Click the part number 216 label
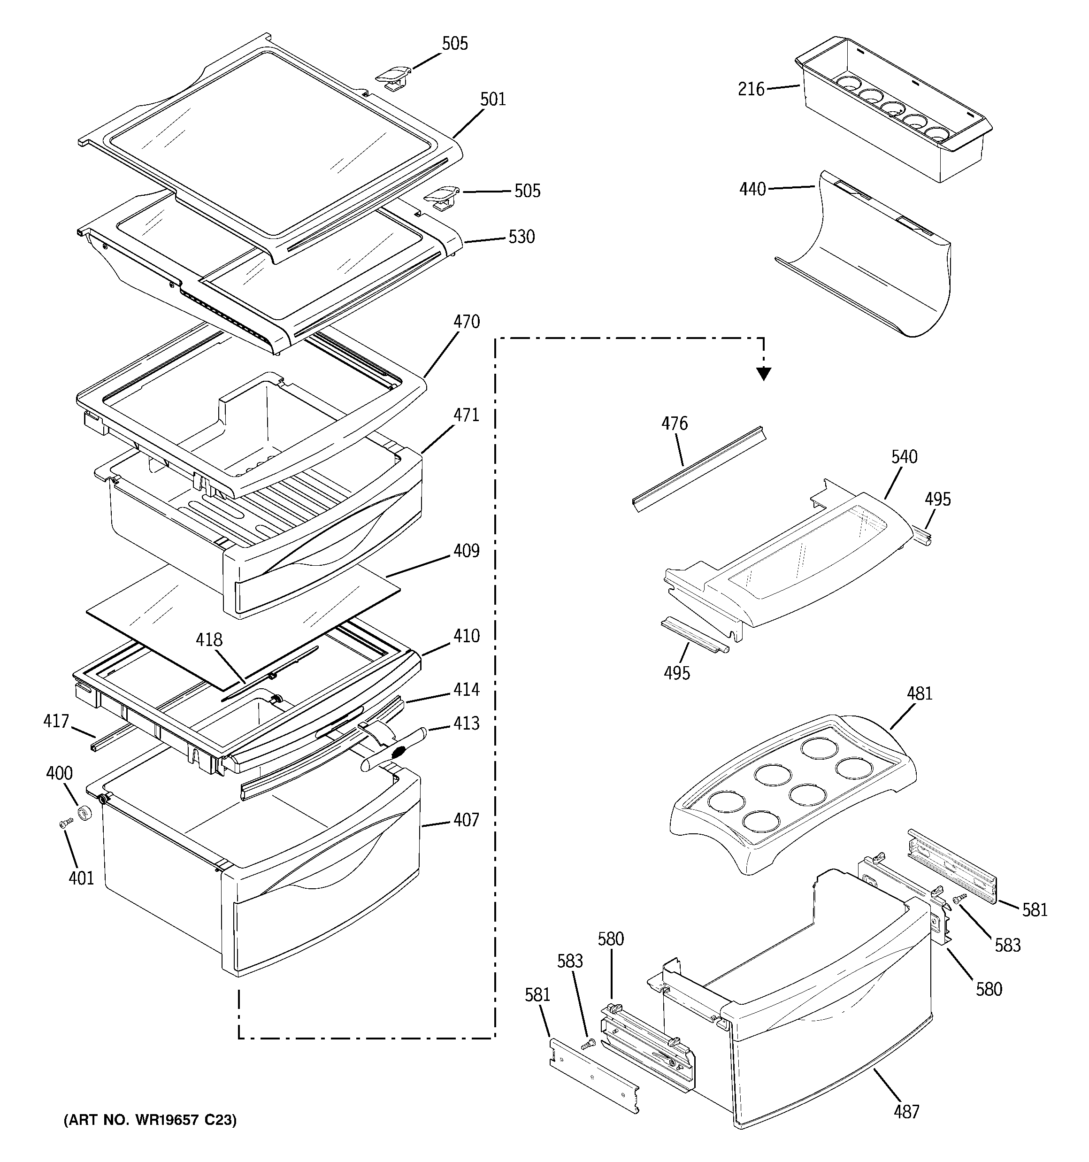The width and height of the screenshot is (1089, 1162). pos(751,89)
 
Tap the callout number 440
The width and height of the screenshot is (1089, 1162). pos(752,189)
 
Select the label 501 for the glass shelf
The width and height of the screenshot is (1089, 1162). pos(493,100)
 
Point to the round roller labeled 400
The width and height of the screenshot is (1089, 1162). pos(85,813)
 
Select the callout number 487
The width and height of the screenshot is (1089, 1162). pos(906,1128)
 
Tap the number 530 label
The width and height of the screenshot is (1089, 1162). pos(521,237)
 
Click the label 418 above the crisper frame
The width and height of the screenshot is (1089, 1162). pos(209,639)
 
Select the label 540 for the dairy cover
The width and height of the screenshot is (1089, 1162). pos(904,457)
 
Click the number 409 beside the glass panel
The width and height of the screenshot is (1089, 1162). pos(466,551)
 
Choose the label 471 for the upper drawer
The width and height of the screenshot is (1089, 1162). pos(466,415)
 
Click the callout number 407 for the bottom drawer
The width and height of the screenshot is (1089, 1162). pos(466,820)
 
